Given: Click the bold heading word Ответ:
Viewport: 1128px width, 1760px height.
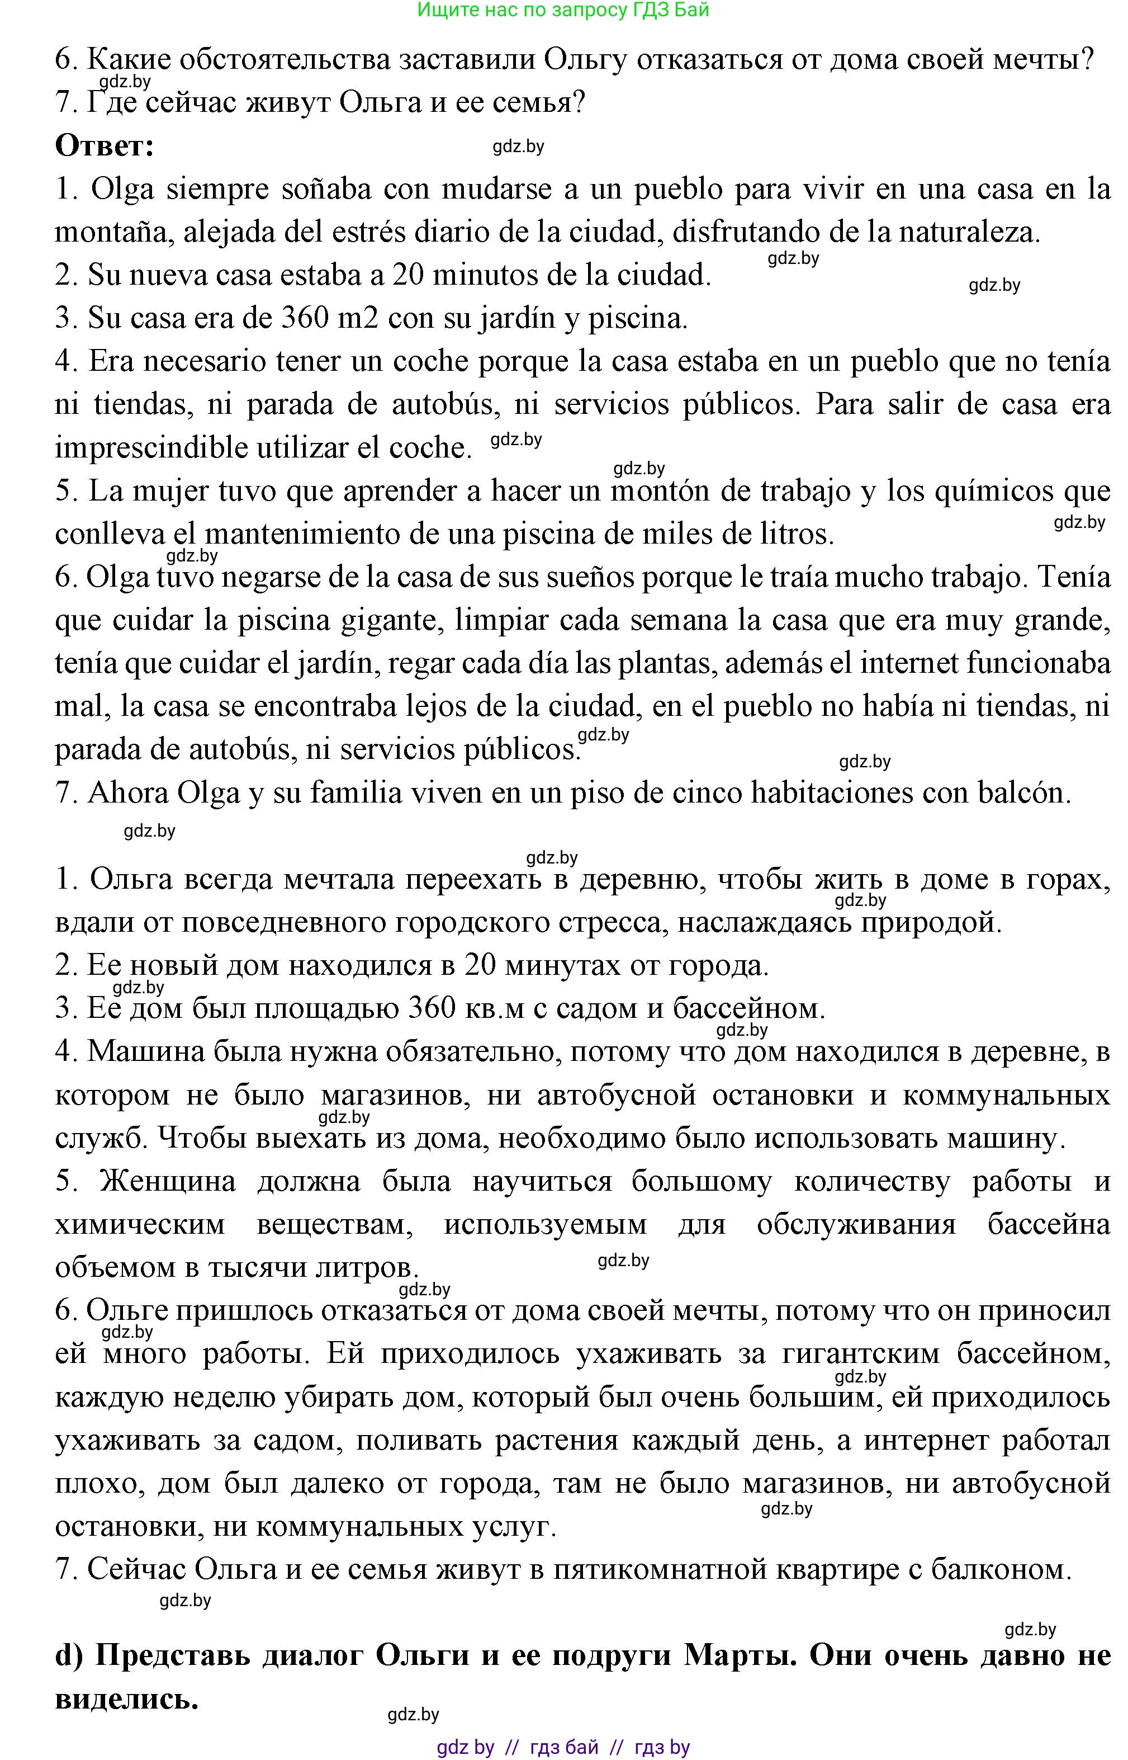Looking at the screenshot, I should pyautogui.click(x=105, y=146).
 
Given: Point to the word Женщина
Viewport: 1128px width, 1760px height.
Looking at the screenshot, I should pyautogui.click(x=168, y=1182).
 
